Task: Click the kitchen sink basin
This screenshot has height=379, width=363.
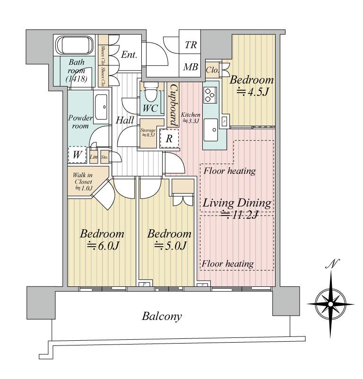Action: [213, 128]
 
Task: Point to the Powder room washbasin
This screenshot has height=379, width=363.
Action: [102, 108]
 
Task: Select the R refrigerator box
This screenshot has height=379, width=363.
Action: [169, 139]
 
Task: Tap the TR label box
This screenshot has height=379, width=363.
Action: [190, 45]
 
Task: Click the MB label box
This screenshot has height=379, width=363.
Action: [190, 67]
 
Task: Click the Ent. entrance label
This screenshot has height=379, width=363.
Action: [129, 55]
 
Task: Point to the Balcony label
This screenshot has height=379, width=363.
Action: [162, 316]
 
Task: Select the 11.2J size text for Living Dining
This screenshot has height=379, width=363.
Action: [237, 215]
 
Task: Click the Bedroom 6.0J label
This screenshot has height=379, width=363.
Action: [102, 240]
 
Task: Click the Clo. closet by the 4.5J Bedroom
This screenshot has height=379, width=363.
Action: [213, 70]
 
